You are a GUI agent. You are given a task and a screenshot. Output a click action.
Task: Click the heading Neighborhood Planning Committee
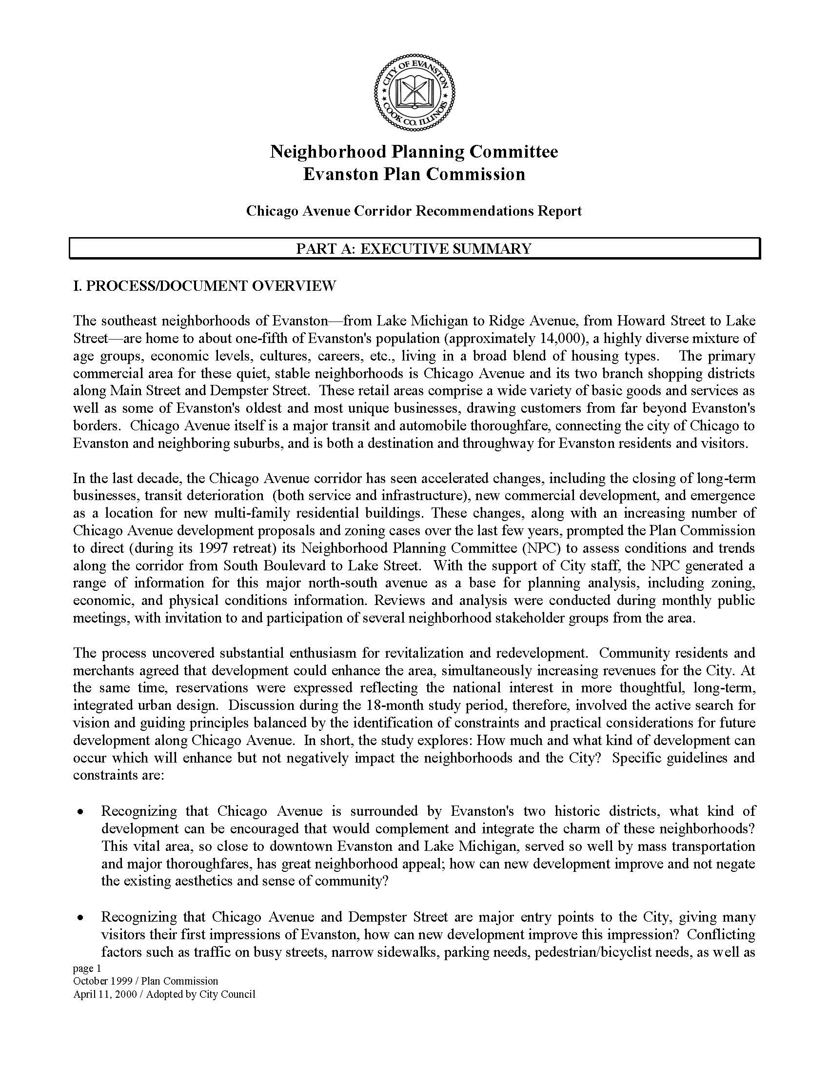click(x=414, y=152)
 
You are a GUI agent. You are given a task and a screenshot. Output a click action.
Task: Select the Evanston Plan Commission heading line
click(x=414, y=174)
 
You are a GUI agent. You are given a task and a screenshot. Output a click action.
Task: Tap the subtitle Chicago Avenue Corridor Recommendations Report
click(x=414, y=211)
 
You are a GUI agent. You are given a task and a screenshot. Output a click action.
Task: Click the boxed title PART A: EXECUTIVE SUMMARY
click(x=414, y=248)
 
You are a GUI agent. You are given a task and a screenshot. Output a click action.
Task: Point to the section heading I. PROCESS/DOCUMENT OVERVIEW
click(x=204, y=285)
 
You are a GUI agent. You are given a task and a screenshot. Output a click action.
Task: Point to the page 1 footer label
click(x=86, y=968)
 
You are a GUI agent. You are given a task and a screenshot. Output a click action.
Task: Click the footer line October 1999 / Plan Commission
click(x=146, y=981)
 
